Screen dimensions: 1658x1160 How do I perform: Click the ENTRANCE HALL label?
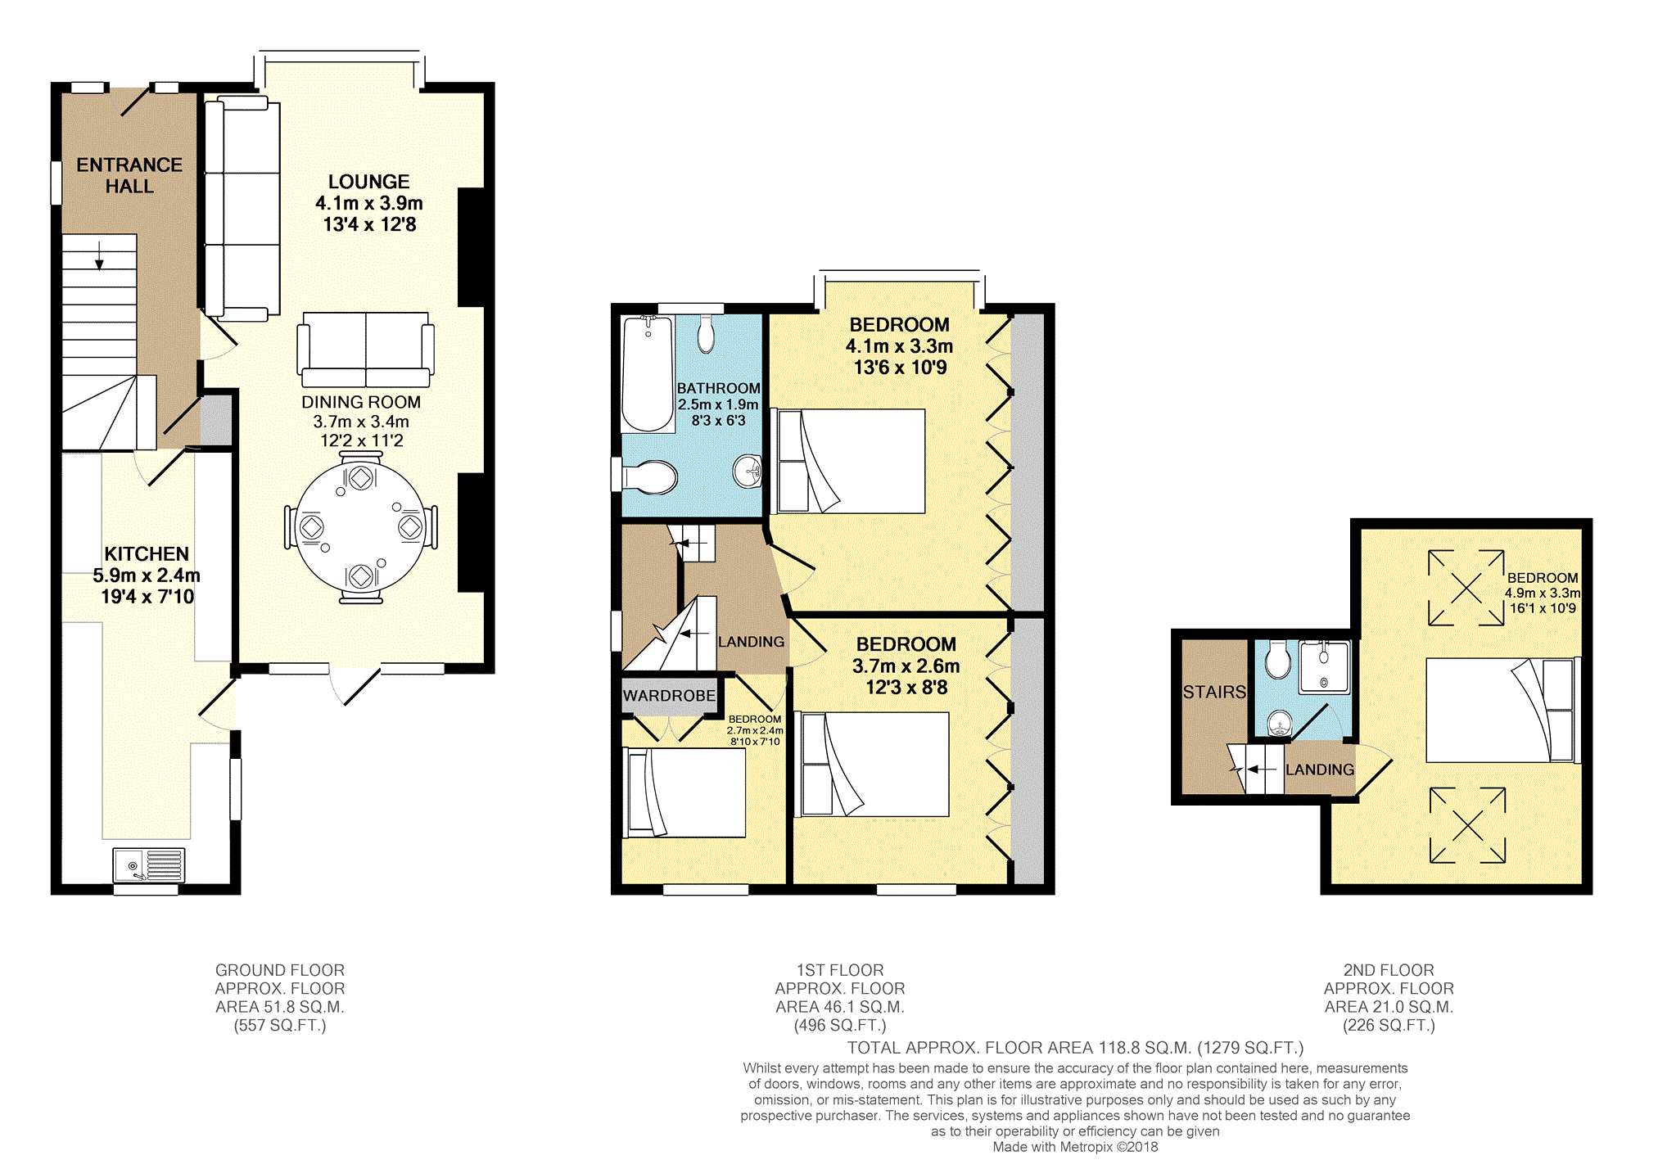click(129, 175)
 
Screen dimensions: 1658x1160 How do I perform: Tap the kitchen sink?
click(149, 865)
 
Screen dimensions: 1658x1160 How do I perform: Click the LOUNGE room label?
click(368, 182)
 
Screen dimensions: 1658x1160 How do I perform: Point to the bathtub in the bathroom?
click(648, 373)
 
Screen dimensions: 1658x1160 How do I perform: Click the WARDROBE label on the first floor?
click(669, 696)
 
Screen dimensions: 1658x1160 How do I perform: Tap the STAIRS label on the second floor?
click(1214, 693)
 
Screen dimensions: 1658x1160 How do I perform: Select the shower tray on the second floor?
click(1324, 668)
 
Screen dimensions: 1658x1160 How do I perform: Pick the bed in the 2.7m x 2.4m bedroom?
click(684, 792)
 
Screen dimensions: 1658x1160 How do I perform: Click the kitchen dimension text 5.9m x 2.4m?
click(147, 575)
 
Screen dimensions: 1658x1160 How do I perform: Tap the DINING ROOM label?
click(361, 402)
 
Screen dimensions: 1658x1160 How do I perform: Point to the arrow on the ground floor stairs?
click(100, 255)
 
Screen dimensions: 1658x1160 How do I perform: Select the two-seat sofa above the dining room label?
click(366, 350)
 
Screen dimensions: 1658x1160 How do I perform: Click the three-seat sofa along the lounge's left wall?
click(242, 209)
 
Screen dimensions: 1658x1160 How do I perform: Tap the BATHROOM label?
click(718, 388)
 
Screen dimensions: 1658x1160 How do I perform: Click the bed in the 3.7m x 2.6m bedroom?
click(872, 765)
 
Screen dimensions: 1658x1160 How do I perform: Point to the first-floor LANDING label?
click(751, 642)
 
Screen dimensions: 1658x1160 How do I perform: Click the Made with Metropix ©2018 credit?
click(1075, 1147)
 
